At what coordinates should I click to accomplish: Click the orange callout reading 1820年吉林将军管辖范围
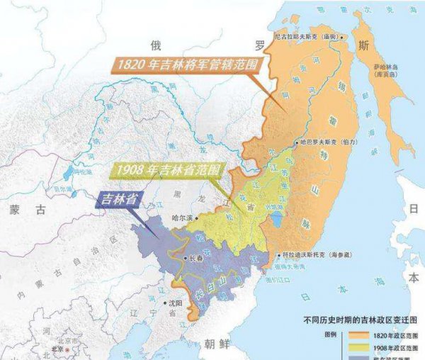(183, 65)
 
